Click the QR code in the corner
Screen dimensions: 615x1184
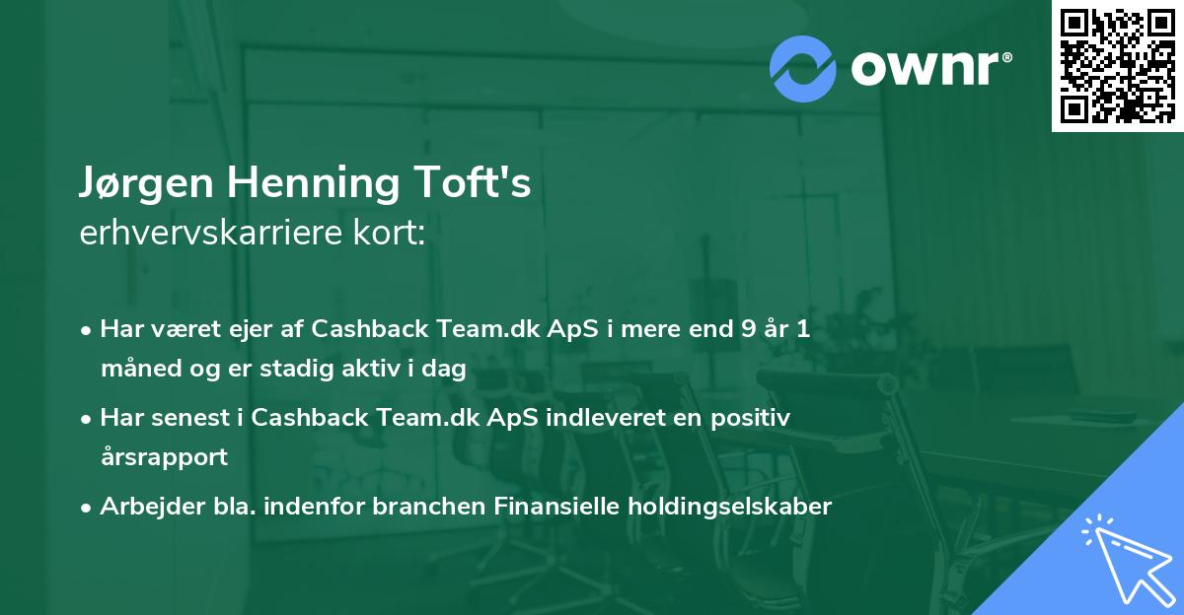1117,66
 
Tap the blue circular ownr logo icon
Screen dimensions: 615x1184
803,68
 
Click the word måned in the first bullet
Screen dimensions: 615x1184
134,370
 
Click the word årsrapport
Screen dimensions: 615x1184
164,457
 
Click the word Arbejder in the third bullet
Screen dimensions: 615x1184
142,507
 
